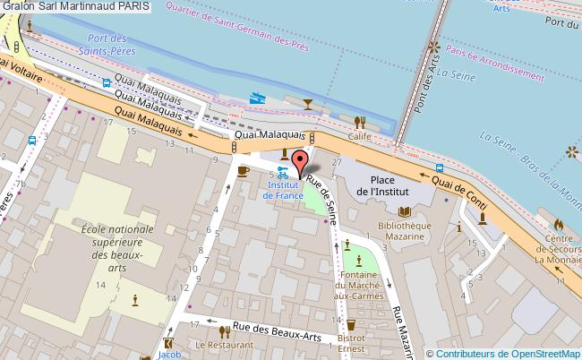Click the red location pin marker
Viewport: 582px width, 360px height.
[x=301, y=162]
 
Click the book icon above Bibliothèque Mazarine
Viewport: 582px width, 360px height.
[x=405, y=211]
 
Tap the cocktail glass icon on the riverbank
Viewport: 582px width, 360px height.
[x=309, y=105]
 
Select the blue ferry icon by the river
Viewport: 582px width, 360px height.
[x=258, y=100]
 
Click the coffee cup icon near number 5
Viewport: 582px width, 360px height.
[x=242, y=170]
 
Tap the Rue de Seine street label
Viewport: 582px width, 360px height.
[x=323, y=198]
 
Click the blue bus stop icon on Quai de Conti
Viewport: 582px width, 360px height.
[x=438, y=167]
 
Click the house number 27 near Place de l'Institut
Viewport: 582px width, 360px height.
[x=337, y=162]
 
